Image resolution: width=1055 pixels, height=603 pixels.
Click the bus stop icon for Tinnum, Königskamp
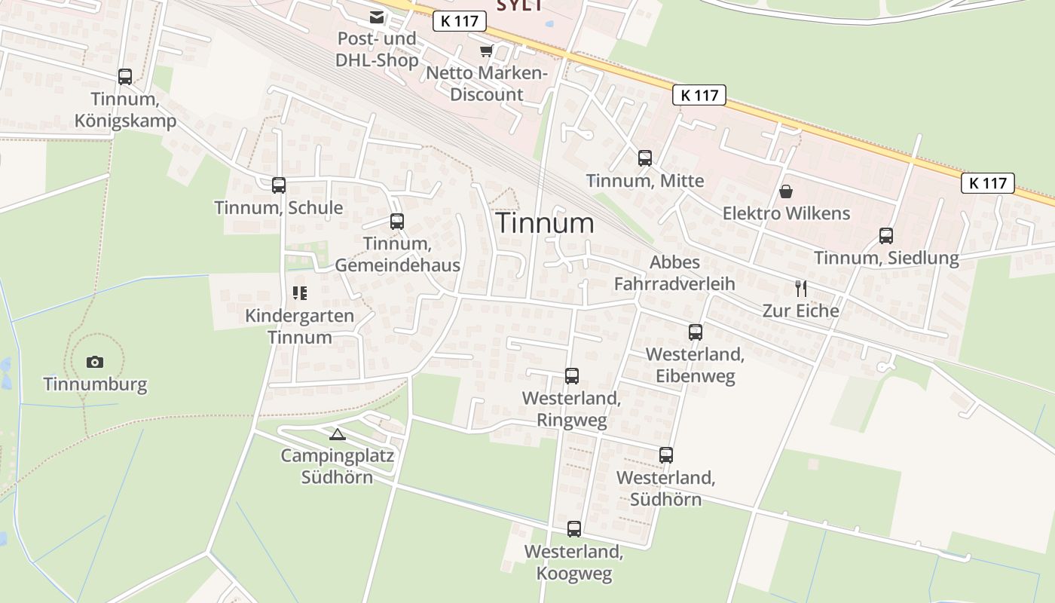(x=125, y=77)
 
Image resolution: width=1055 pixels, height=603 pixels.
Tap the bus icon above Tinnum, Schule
(x=279, y=185)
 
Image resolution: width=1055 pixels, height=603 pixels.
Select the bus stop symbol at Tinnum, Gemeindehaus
(x=397, y=222)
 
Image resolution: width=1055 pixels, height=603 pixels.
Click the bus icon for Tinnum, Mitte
(x=645, y=158)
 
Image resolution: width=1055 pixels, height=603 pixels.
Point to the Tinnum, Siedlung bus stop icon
(x=886, y=236)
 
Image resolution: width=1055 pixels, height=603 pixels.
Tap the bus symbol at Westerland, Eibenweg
(x=695, y=332)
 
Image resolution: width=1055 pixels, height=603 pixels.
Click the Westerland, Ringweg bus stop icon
(x=572, y=376)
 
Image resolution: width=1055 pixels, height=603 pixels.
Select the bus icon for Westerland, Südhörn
(x=666, y=455)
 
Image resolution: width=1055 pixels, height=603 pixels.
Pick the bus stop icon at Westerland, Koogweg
(x=574, y=529)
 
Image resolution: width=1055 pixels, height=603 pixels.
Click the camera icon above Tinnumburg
(x=94, y=362)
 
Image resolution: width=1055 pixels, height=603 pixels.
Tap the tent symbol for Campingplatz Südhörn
(x=337, y=433)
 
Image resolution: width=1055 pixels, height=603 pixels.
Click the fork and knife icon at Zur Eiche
(x=800, y=288)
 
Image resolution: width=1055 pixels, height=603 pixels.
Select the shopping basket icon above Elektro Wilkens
(x=786, y=191)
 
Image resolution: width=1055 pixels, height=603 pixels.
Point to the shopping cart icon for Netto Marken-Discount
(x=486, y=51)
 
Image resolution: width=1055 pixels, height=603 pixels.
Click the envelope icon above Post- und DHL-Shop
(x=376, y=17)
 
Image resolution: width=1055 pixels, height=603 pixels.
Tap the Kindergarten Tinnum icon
(x=299, y=293)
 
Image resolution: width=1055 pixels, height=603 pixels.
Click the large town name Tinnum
(x=545, y=223)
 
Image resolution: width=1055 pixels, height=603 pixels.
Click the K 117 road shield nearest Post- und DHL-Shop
(x=459, y=21)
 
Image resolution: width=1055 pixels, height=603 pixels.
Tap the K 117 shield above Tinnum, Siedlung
(x=987, y=183)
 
